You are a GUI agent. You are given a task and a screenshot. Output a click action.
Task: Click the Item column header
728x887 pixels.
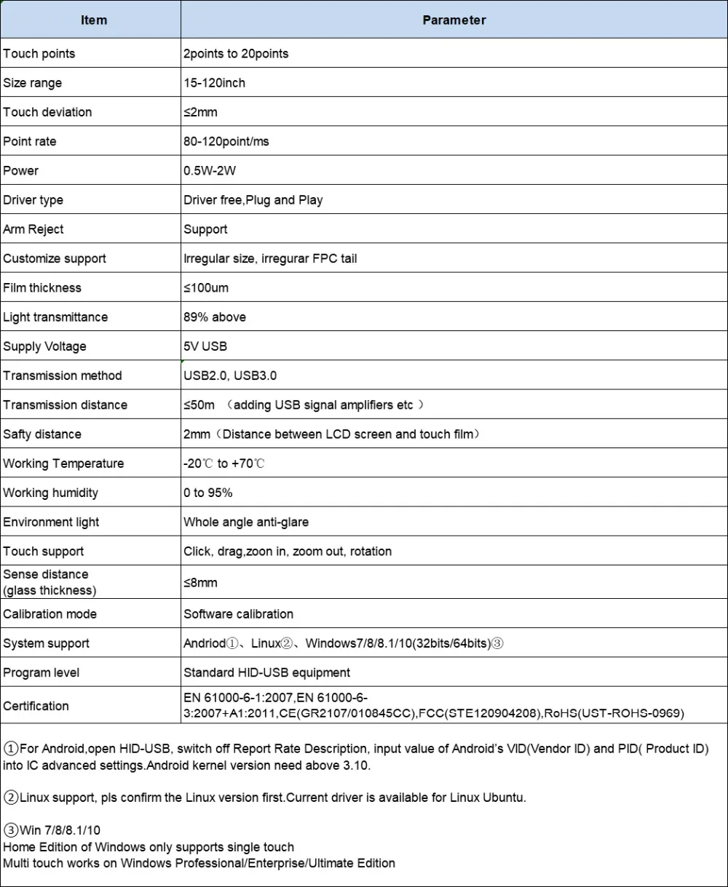[94, 20]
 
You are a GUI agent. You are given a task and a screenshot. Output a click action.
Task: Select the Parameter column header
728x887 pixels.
[454, 20]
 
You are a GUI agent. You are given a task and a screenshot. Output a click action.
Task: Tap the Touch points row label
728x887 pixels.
[39, 54]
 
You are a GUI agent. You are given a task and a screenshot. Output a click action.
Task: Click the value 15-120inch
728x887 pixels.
[214, 83]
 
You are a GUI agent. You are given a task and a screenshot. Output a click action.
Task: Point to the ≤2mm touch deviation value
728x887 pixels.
[200, 112]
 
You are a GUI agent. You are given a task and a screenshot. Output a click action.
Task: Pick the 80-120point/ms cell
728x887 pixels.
[226, 141]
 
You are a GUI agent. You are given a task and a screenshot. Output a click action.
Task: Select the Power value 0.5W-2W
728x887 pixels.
[210, 171]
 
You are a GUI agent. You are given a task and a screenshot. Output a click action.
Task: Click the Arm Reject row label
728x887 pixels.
[33, 229]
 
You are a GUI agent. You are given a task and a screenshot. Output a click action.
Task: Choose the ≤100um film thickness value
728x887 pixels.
[206, 288]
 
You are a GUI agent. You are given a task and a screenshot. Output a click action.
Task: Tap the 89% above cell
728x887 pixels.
[215, 317]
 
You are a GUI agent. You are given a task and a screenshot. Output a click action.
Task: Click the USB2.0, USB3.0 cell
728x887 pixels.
[230, 375]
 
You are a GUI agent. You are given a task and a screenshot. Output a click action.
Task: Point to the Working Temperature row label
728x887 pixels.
[63, 464]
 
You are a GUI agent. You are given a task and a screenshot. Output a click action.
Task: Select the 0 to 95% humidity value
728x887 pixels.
[208, 493]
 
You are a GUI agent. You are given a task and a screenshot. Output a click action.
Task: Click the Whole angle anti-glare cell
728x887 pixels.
[246, 522]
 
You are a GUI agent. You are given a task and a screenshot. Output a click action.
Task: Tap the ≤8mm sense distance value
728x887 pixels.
[200, 582]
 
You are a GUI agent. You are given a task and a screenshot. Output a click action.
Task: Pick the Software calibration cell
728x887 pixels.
[239, 614]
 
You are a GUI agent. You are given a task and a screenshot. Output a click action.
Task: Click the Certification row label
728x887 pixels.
[36, 706]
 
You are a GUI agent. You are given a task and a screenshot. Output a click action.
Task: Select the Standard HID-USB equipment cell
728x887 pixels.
[266, 672]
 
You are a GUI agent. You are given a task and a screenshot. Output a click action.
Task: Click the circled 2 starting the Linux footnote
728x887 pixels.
[11, 797]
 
